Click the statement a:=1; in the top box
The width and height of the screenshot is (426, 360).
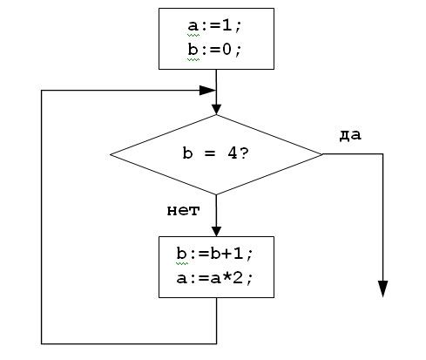tap(214, 26)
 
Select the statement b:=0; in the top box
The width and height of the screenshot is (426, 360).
tap(214, 50)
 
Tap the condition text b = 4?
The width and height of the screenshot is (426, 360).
tap(216, 153)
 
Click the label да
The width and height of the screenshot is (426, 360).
tap(350, 135)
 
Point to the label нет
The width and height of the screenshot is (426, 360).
tap(183, 210)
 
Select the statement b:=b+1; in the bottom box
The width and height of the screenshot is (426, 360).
tap(214, 254)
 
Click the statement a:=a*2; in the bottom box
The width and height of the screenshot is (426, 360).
tap(214, 278)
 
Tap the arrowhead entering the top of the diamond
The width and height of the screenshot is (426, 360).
tap(216, 110)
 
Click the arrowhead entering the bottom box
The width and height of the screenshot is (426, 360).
tap(216, 232)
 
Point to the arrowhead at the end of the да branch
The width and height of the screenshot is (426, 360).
tap(383, 289)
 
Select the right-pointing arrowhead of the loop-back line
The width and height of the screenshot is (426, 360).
tap(207, 91)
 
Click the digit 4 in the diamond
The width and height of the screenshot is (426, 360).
tap(233, 153)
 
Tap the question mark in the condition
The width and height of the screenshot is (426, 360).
tap(245, 153)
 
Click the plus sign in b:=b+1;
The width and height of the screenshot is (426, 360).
tap(227, 254)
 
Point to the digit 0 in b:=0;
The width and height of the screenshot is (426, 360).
tap(227, 50)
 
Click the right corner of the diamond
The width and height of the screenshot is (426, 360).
tap(322, 154)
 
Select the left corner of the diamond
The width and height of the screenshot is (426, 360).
tap(111, 154)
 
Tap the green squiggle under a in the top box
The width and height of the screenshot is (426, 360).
tap(193, 35)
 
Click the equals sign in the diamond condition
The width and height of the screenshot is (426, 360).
tap(210, 153)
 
